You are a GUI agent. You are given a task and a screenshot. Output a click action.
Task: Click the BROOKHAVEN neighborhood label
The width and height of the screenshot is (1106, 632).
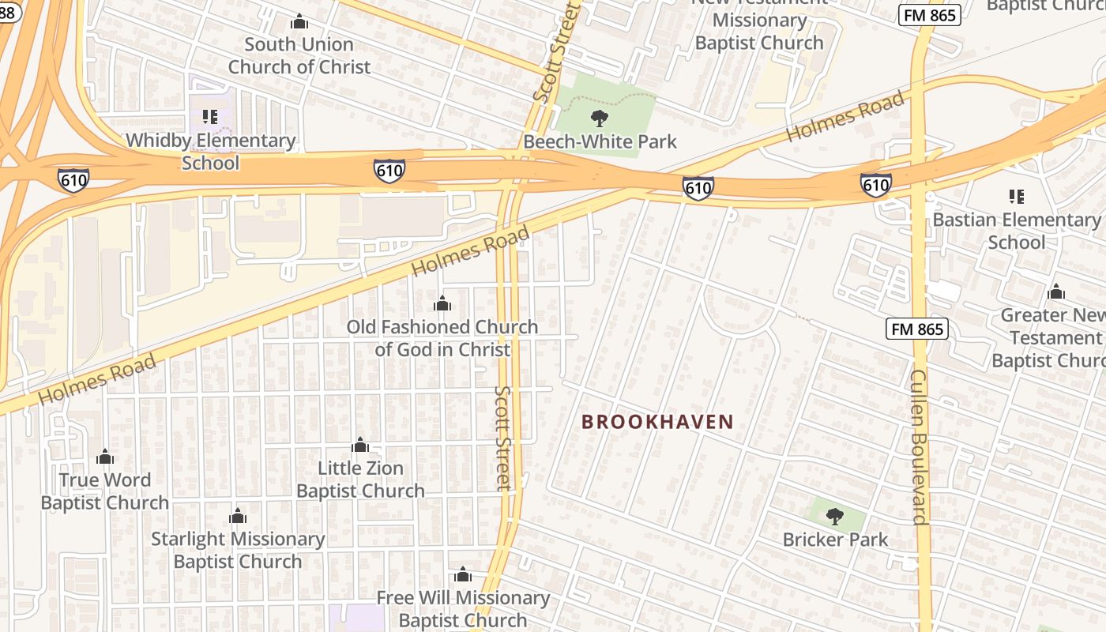657,422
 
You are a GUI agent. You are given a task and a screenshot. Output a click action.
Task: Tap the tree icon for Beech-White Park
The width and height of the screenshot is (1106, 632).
600,119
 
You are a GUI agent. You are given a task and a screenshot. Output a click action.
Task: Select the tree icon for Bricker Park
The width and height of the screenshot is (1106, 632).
835,517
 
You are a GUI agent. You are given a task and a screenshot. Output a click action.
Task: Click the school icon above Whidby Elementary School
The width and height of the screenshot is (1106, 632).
210,118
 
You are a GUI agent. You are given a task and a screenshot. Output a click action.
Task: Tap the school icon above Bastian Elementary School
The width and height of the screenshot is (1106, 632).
1017,197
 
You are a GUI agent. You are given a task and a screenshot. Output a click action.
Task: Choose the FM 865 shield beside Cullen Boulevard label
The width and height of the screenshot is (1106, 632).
916,329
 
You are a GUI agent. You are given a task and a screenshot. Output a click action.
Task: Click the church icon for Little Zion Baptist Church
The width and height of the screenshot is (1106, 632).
360,446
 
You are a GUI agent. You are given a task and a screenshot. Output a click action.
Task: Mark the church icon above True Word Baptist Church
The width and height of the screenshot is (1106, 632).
105,457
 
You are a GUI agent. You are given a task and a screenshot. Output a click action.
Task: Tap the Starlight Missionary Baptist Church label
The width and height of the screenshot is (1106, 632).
238,550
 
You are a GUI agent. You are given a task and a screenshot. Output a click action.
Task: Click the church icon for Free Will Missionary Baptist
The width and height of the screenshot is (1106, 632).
463,575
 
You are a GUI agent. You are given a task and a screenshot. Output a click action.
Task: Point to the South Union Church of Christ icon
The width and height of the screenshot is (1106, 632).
299,21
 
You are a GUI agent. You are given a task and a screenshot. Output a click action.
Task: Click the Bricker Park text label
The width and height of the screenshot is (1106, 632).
835,540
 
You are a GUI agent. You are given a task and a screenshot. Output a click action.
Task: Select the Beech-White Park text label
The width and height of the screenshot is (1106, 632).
600,141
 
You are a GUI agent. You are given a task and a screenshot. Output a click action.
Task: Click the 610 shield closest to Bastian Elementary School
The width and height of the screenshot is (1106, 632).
875,185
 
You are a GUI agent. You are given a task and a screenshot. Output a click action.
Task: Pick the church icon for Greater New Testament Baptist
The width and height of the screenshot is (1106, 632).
1056,292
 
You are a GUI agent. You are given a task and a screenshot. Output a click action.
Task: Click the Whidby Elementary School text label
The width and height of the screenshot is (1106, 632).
211,152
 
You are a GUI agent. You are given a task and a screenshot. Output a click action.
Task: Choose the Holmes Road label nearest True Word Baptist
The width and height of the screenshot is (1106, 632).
96,380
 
